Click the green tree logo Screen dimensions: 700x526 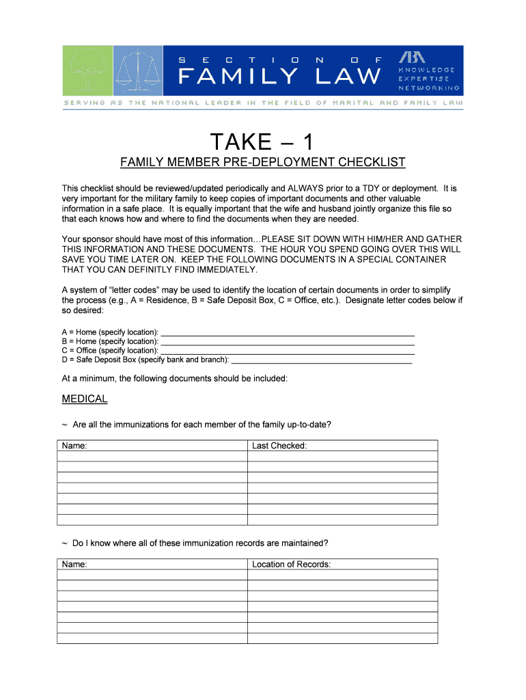point(87,70)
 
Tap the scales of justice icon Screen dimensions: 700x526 point(138,70)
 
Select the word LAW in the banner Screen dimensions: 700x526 point(348,76)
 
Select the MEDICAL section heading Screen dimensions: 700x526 point(85,399)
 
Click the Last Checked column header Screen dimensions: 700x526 point(279,446)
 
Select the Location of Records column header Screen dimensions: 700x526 point(291,565)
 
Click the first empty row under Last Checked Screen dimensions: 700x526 point(342,457)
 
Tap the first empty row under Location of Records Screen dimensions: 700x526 point(342,575)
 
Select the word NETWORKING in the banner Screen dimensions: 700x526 point(428,88)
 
